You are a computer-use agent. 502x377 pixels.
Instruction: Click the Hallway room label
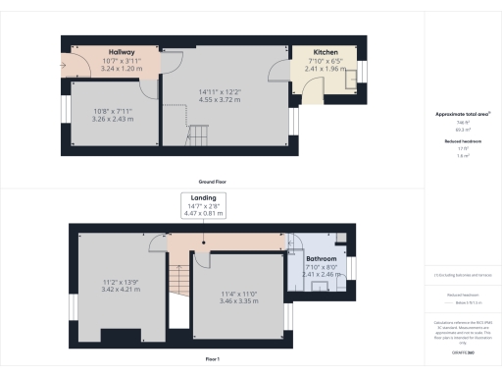[x=121, y=52]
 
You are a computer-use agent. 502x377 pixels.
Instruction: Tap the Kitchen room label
[x=326, y=52]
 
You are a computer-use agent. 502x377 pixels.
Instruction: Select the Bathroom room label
[x=322, y=259]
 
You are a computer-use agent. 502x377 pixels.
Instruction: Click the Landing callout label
[x=204, y=197]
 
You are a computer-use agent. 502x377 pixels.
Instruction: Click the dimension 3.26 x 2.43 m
[x=110, y=119]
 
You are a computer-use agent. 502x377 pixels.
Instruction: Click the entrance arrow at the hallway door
[x=65, y=68]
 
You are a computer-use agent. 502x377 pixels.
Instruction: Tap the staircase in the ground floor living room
[x=200, y=135]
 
